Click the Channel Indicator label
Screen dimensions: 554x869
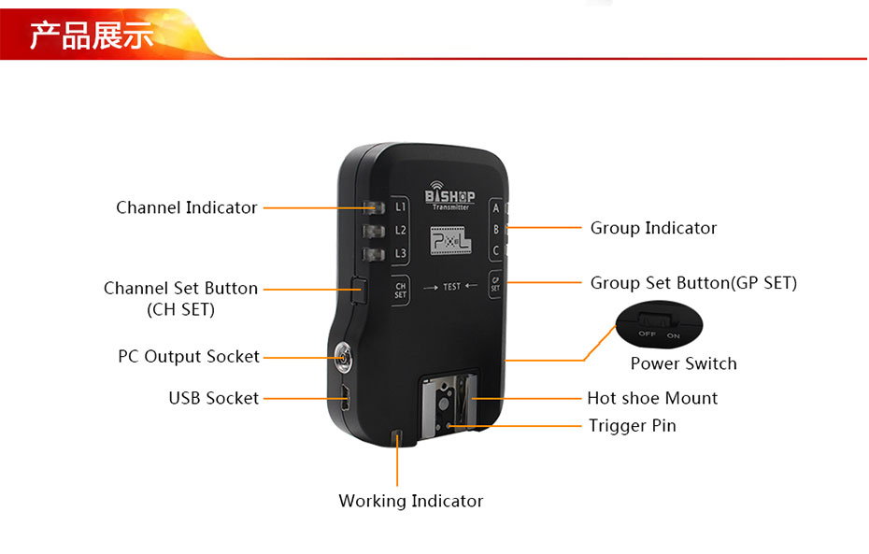(x=186, y=207)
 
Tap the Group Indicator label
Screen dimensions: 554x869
(x=653, y=228)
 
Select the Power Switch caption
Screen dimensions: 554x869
(x=683, y=363)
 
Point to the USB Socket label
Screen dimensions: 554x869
(x=213, y=398)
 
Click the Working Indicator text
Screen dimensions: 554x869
(x=410, y=501)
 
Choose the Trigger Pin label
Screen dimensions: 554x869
(x=632, y=426)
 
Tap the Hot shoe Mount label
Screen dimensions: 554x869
(x=652, y=398)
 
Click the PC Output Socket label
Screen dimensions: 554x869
(x=188, y=356)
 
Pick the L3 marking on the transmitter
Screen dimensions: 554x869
(x=401, y=253)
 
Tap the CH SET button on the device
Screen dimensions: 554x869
(x=401, y=291)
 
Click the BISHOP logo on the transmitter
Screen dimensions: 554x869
(x=449, y=198)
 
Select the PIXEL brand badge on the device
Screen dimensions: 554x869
(x=450, y=244)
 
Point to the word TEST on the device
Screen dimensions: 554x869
(x=451, y=286)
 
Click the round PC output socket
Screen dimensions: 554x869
(x=343, y=355)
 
